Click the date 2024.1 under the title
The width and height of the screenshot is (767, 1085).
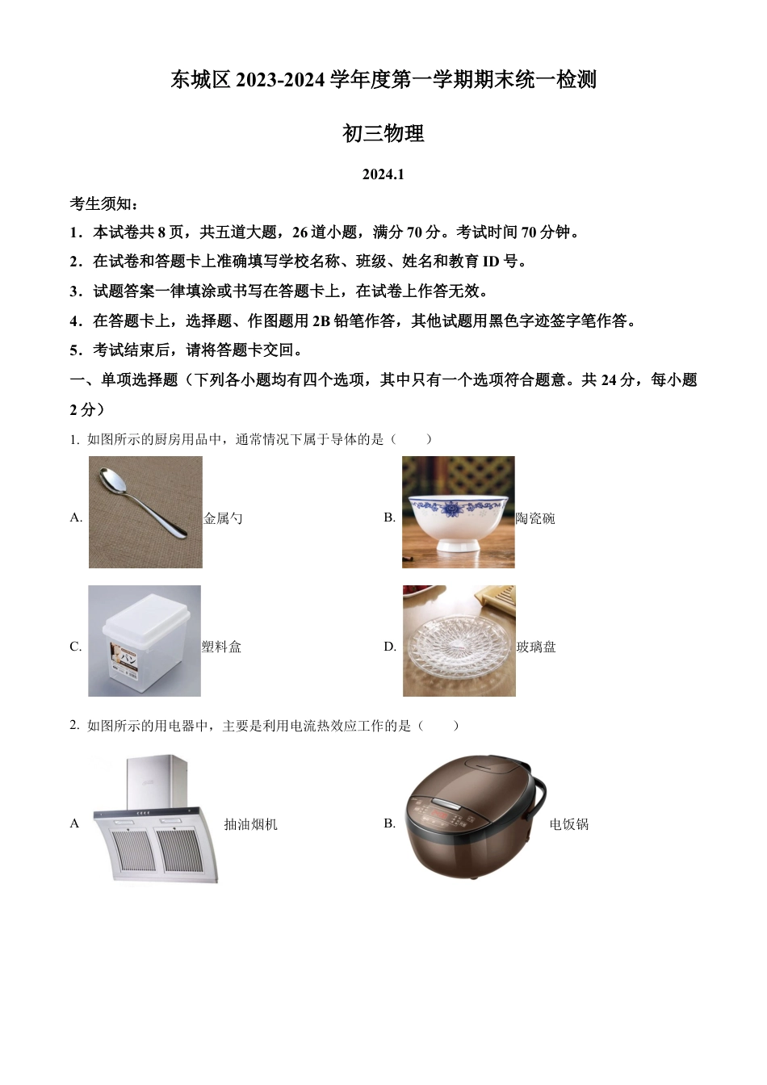click(x=383, y=174)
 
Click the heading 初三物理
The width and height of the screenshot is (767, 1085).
click(x=383, y=133)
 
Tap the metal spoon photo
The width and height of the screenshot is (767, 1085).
click(x=145, y=512)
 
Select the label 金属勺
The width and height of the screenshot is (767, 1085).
click(x=223, y=518)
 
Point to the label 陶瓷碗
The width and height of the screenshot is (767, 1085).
click(x=535, y=518)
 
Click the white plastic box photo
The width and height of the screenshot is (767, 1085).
click(x=145, y=641)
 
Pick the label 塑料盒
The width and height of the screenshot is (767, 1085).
click(x=222, y=647)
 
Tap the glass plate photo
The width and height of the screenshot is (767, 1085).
click(x=459, y=642)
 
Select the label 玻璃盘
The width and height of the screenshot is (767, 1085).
click(x=536, y=647)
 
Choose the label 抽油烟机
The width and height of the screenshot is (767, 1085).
click(x=250, y=824)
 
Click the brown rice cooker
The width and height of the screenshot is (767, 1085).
click(x=469, y=817)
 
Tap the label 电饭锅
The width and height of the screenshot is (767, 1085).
click(x=569, y=824)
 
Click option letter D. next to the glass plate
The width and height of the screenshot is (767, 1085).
click(x=390, y=647)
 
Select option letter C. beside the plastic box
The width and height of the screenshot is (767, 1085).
click(x=76, y=647)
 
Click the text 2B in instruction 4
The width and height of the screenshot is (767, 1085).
click(x=321, y=320)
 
